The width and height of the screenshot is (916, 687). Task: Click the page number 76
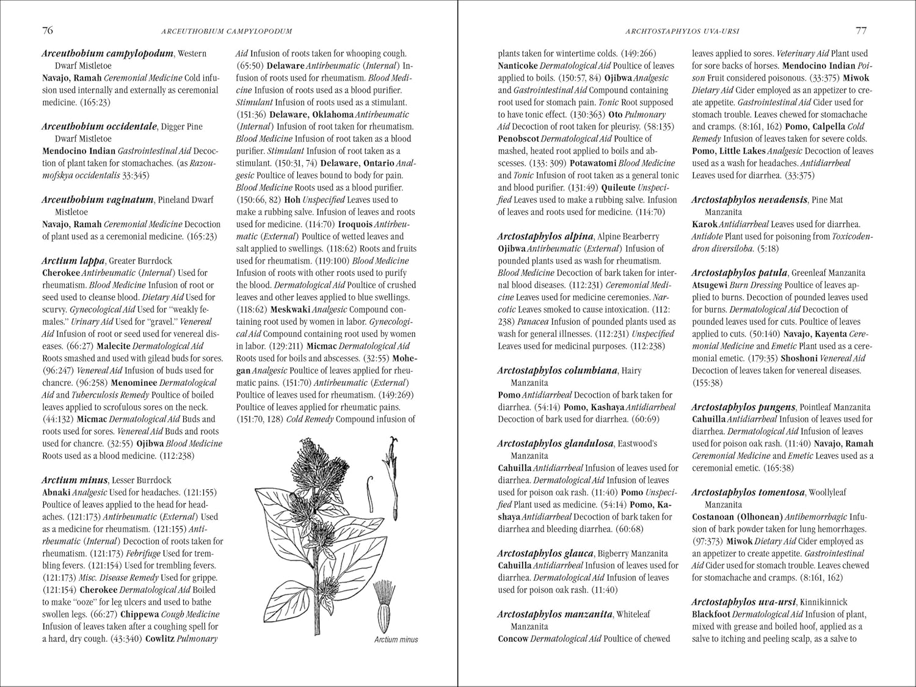[x=47, y=31]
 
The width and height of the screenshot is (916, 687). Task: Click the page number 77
[x=861, y=31]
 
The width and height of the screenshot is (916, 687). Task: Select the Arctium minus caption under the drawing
[x=396, y=639]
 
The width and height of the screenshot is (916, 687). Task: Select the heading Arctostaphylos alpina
[x=545, y=236]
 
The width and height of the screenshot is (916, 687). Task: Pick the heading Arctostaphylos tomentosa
[x=748, y=492]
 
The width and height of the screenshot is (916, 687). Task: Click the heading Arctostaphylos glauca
[x=545, y=553]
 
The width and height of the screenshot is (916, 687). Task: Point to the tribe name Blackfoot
[x=711, y=614]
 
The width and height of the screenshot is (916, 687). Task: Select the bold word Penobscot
[x=518, y=139]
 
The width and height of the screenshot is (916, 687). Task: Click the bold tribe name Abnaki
[x=56, y=492]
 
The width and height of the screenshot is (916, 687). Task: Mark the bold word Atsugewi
[x=710, y=285]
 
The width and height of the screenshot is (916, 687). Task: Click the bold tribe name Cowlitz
[x=160, y=639]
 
